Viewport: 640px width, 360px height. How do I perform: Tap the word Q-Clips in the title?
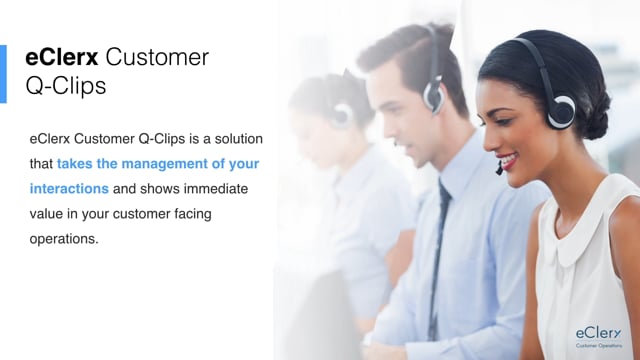(x=66, y=86)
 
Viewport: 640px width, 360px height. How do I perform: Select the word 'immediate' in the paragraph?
(x=219, y=188)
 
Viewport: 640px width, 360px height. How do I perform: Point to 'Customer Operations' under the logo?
(x=599, y=347)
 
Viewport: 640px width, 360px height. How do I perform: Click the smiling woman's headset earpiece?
(x=561, y=107)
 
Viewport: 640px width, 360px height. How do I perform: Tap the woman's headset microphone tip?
(x=498, y=171)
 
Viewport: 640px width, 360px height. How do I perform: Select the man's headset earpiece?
(x=432, y=94)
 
